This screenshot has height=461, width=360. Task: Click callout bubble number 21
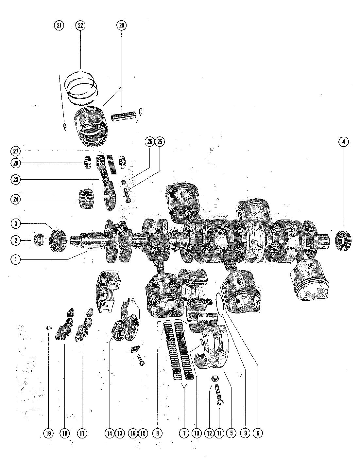pyautogui.click(x=59, y=26)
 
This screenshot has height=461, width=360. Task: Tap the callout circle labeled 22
pyautogui.click(x=80, y=26)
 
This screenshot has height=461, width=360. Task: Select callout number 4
pyautogui.click(x=343, y=142)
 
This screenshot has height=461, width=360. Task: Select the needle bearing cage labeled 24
pyautogui.click(x=86, y=199)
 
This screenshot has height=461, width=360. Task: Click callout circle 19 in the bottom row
pyautogui.click(x=48, y=433)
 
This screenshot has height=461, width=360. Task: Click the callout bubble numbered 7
pyautogui.click(x=184, y=433)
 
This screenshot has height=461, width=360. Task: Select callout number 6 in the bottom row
pyautogui.click(x=257, y=433)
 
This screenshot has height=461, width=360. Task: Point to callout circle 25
pyautogui.click(x=160, y=142)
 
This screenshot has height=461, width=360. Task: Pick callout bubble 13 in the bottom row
pyautogui.click(x=120, y=433)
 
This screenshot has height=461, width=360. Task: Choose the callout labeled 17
pyautogui.click(x=82, y=433)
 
